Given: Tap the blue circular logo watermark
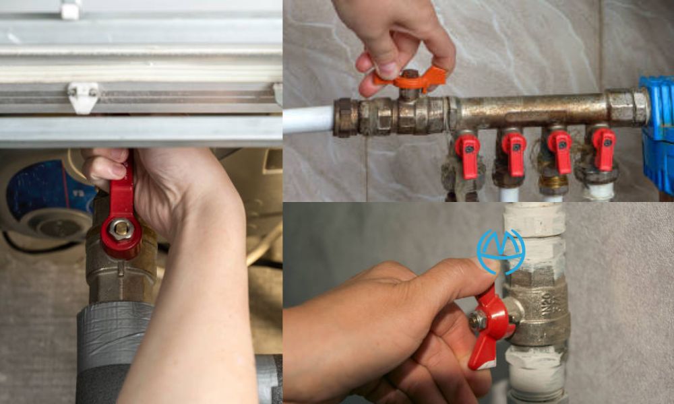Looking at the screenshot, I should [500, 251].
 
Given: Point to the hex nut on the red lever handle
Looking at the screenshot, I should [121, 230].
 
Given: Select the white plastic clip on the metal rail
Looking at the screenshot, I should [83, 96].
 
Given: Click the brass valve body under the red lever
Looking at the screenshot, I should [121, 269].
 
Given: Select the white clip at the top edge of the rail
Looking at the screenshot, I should [71, 9].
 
